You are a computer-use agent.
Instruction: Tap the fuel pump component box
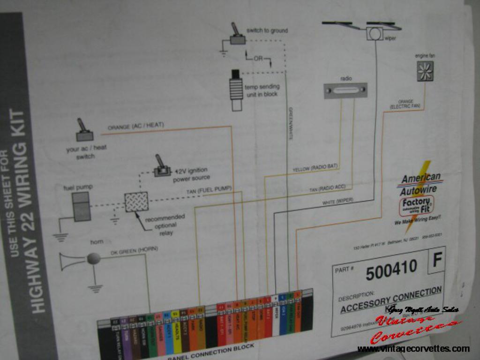(81, 206)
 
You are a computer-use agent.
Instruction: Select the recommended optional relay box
(136, 202)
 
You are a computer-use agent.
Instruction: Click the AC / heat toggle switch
(84, 131)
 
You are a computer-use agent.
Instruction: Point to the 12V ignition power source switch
(162, 167)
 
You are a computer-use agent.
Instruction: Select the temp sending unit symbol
(236, 90)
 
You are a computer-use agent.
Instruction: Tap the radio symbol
(345, 90)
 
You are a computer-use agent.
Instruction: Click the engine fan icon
(425, 71)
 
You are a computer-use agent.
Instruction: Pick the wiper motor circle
(374, 33)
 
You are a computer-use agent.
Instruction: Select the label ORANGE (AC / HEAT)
(135, 126)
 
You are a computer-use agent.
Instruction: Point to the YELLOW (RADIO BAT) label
(315, 167)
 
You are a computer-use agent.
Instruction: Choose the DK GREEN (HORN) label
(134, 250)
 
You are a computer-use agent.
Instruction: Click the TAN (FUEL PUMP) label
(209, 191)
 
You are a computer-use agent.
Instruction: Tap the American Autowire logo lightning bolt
(419, 197)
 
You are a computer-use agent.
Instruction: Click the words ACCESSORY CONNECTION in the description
(390, 299)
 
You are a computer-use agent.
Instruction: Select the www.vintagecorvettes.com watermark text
(413, 349)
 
